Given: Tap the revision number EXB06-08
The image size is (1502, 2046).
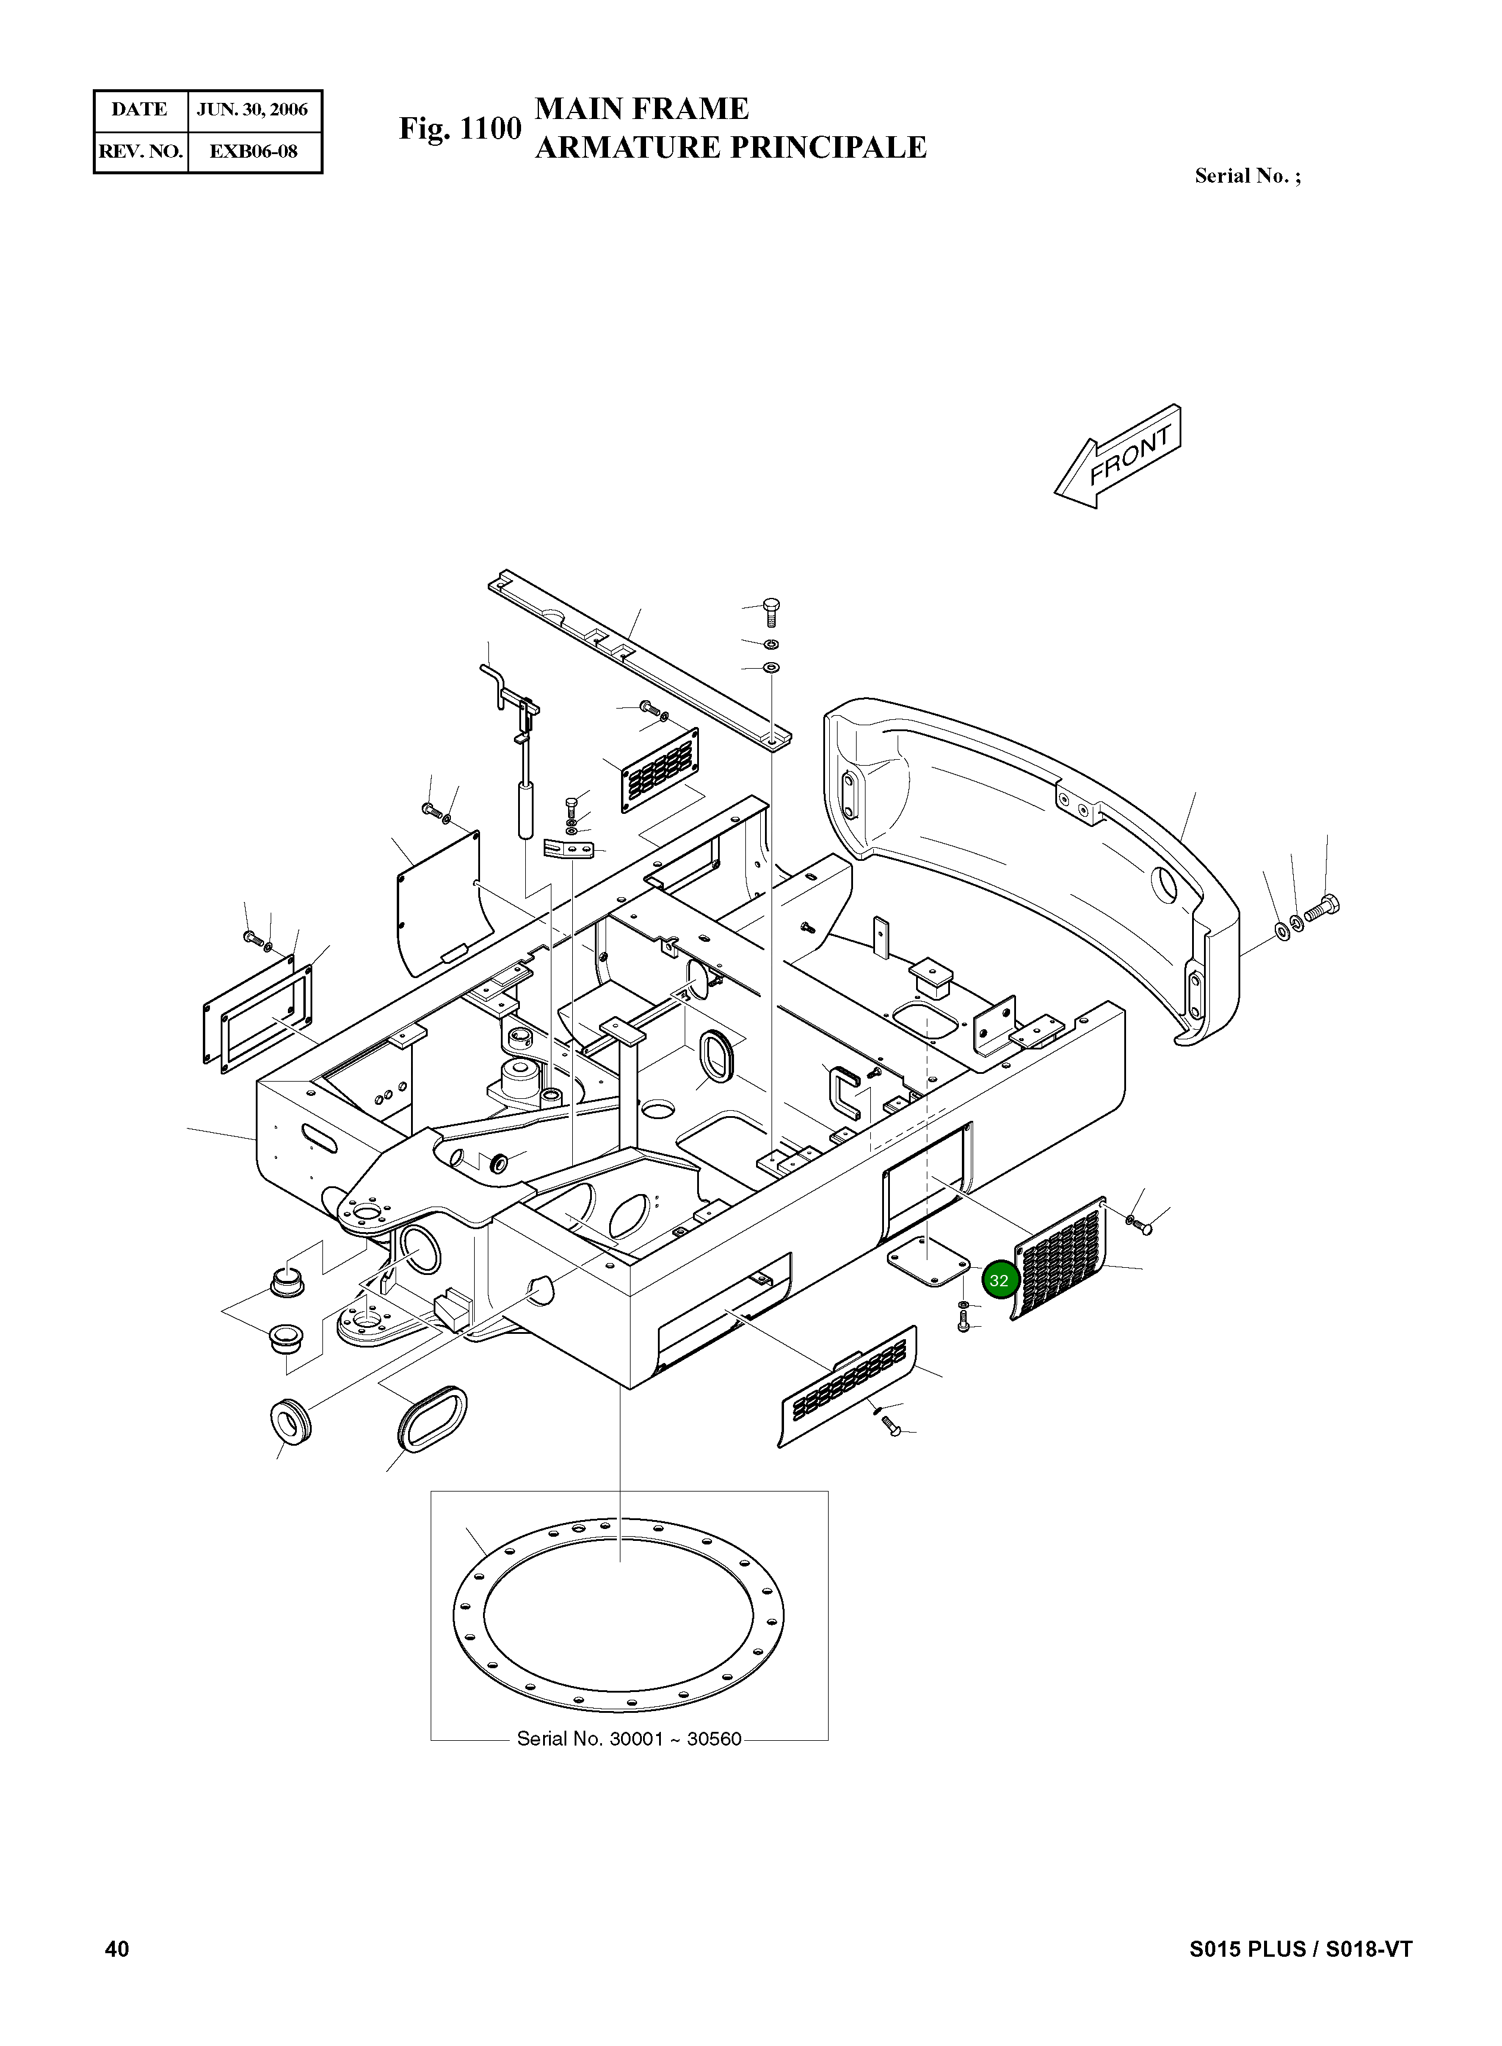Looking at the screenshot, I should pos(253,152).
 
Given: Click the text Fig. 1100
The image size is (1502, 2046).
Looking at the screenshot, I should pos(460,129).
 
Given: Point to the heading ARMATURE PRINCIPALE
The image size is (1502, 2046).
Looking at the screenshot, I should pos(730,148).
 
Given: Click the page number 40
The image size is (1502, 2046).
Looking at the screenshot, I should pos(117,1948).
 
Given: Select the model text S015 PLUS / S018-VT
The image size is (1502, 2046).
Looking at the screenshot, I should pos(1300,1948).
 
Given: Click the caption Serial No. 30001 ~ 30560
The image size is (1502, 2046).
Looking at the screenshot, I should pos(629,1738).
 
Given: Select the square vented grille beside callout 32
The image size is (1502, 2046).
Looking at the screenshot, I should pos(1061,1259).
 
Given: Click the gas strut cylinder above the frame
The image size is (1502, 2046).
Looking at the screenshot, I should pos(525,807).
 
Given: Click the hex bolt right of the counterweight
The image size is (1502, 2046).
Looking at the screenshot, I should pos(1322,907).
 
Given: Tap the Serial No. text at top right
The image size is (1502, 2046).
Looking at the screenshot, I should pos(1247,177).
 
